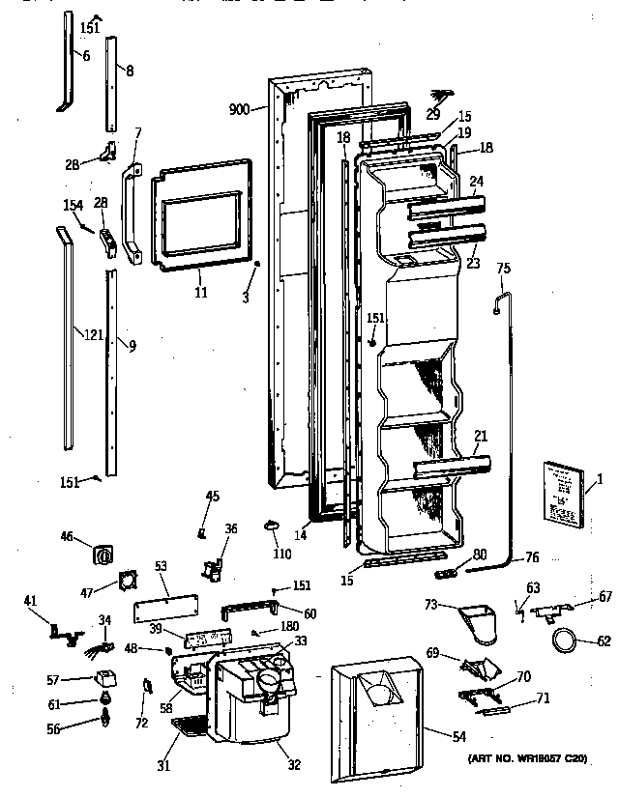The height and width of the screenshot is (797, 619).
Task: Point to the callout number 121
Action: [91, 335]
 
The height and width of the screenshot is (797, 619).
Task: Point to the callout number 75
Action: [502, 268]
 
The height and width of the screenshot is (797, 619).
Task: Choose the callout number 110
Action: [281, 555]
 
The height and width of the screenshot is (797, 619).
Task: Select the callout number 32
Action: [293, 765]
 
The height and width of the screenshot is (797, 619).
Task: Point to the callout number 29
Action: [432, 115]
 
